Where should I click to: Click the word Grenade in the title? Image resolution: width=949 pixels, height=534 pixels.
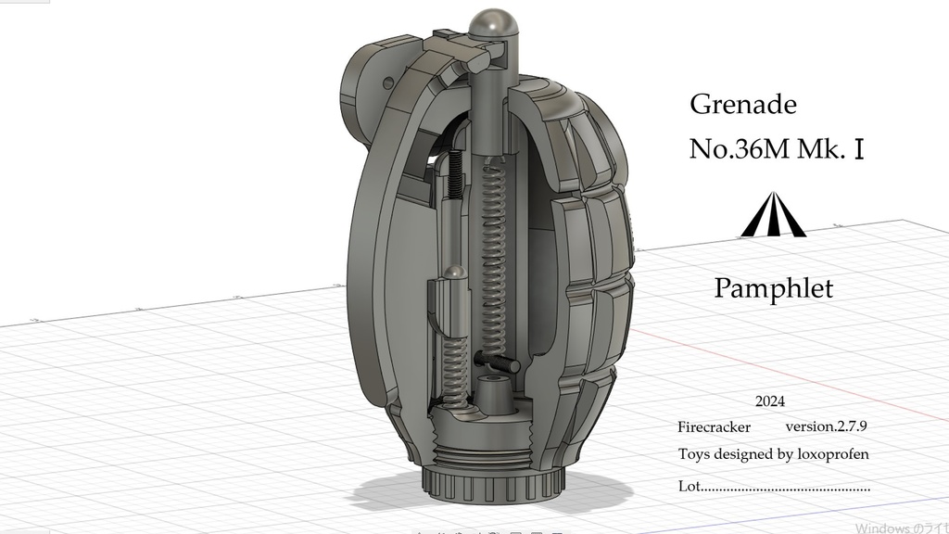tap(742, 105)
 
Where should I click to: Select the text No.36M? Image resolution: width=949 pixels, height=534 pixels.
tap(738, 149)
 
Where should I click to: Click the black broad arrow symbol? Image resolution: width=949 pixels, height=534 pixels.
tap(772, 215)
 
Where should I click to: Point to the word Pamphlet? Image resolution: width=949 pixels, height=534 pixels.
tap(773, 288)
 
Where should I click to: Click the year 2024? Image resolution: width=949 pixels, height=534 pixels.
tap(769, 401)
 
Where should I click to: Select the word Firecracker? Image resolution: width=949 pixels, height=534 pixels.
tap(714, 427)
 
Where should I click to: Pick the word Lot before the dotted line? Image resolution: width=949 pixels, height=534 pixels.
tap(688, 486)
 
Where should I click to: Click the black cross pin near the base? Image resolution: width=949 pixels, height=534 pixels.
tap(495, 362)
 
